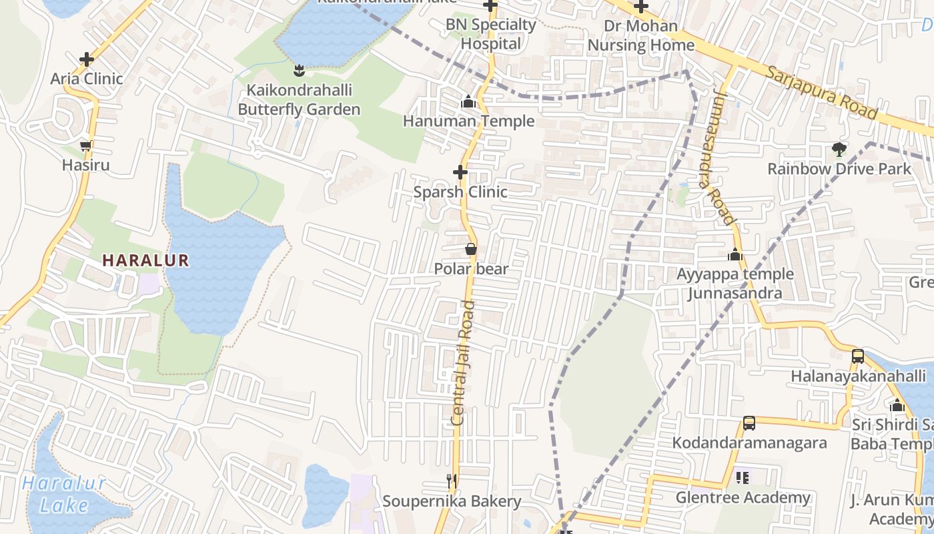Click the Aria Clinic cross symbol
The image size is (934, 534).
86,59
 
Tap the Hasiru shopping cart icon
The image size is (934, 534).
85,146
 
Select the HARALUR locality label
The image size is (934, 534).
146,260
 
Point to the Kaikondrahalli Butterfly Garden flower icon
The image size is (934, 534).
299,70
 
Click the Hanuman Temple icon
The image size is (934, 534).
468,102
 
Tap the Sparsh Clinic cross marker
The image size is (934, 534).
460,172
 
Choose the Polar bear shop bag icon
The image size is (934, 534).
471,250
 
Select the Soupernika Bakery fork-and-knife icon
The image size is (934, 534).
452,481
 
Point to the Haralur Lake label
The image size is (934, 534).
64,494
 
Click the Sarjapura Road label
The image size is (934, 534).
821,92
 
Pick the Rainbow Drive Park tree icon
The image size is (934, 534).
839,150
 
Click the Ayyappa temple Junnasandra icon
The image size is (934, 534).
735,254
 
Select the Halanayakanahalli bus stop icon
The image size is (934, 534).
858,356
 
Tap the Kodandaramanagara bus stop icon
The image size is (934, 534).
749,423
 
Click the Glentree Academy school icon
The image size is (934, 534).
743,478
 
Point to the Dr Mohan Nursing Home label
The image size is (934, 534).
640,36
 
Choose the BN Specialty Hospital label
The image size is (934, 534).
491,34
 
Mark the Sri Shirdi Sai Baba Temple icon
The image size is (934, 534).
897,406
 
